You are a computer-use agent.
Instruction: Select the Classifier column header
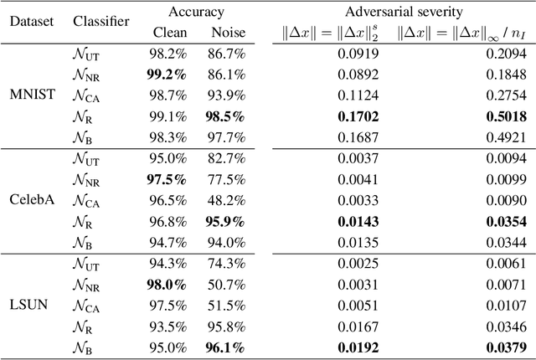[x=100, y=21]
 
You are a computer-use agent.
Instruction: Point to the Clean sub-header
[x=169, y=33]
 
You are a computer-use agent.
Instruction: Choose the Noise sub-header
[x=224, y=33]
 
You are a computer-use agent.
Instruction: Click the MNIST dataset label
[x=32, y=94]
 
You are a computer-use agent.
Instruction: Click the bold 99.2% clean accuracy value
[x=169, y=73]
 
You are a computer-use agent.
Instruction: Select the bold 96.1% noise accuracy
[x=224, y=347]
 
